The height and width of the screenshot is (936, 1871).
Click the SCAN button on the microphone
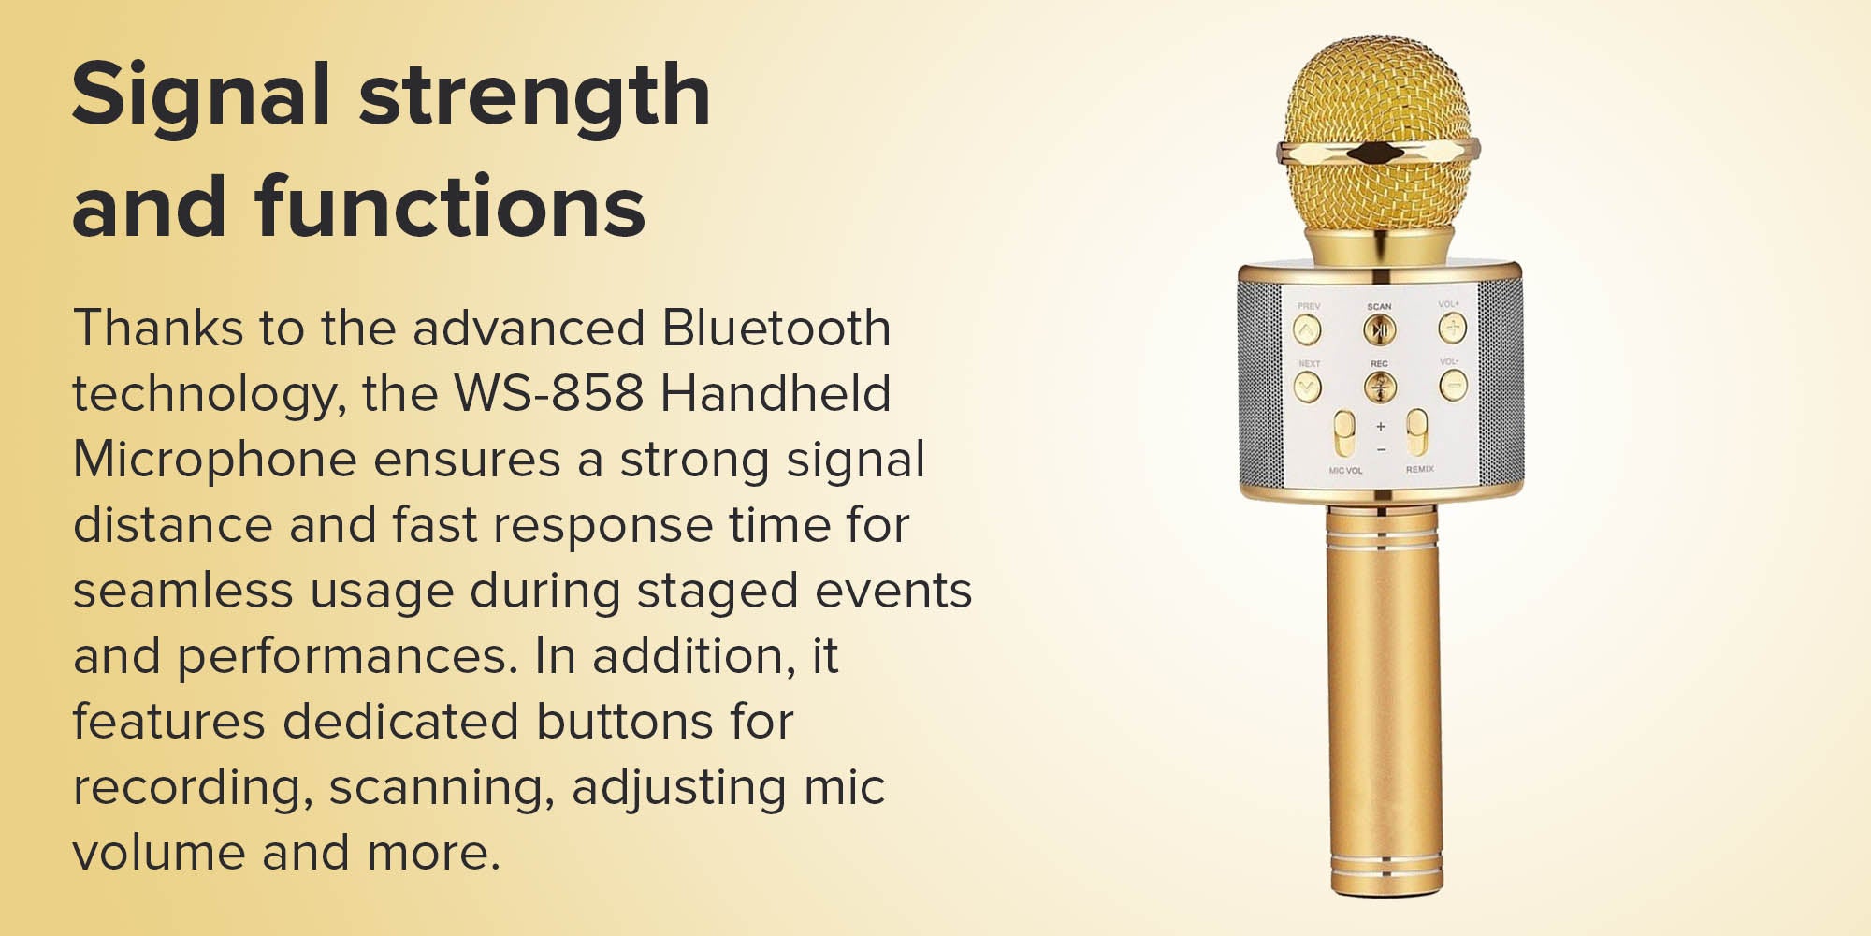click(x=1379, y=329)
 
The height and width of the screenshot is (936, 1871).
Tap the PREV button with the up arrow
click(x=1307, y=329)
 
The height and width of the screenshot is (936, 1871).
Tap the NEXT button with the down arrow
click(x=1307, y=386)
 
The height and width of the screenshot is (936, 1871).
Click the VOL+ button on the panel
click(x=1452, y=328)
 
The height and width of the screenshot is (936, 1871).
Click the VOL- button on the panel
click(x=1453, y=385)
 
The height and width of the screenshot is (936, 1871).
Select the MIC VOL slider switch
click(x=1344, y=433)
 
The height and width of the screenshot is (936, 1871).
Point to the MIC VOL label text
click(x=1345, y=470)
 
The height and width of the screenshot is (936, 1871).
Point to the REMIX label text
click(x=1419, y=469)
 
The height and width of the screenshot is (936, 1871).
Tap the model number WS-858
click(x=549, y=393)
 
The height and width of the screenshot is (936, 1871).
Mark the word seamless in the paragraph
click(x=183, y=591)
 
